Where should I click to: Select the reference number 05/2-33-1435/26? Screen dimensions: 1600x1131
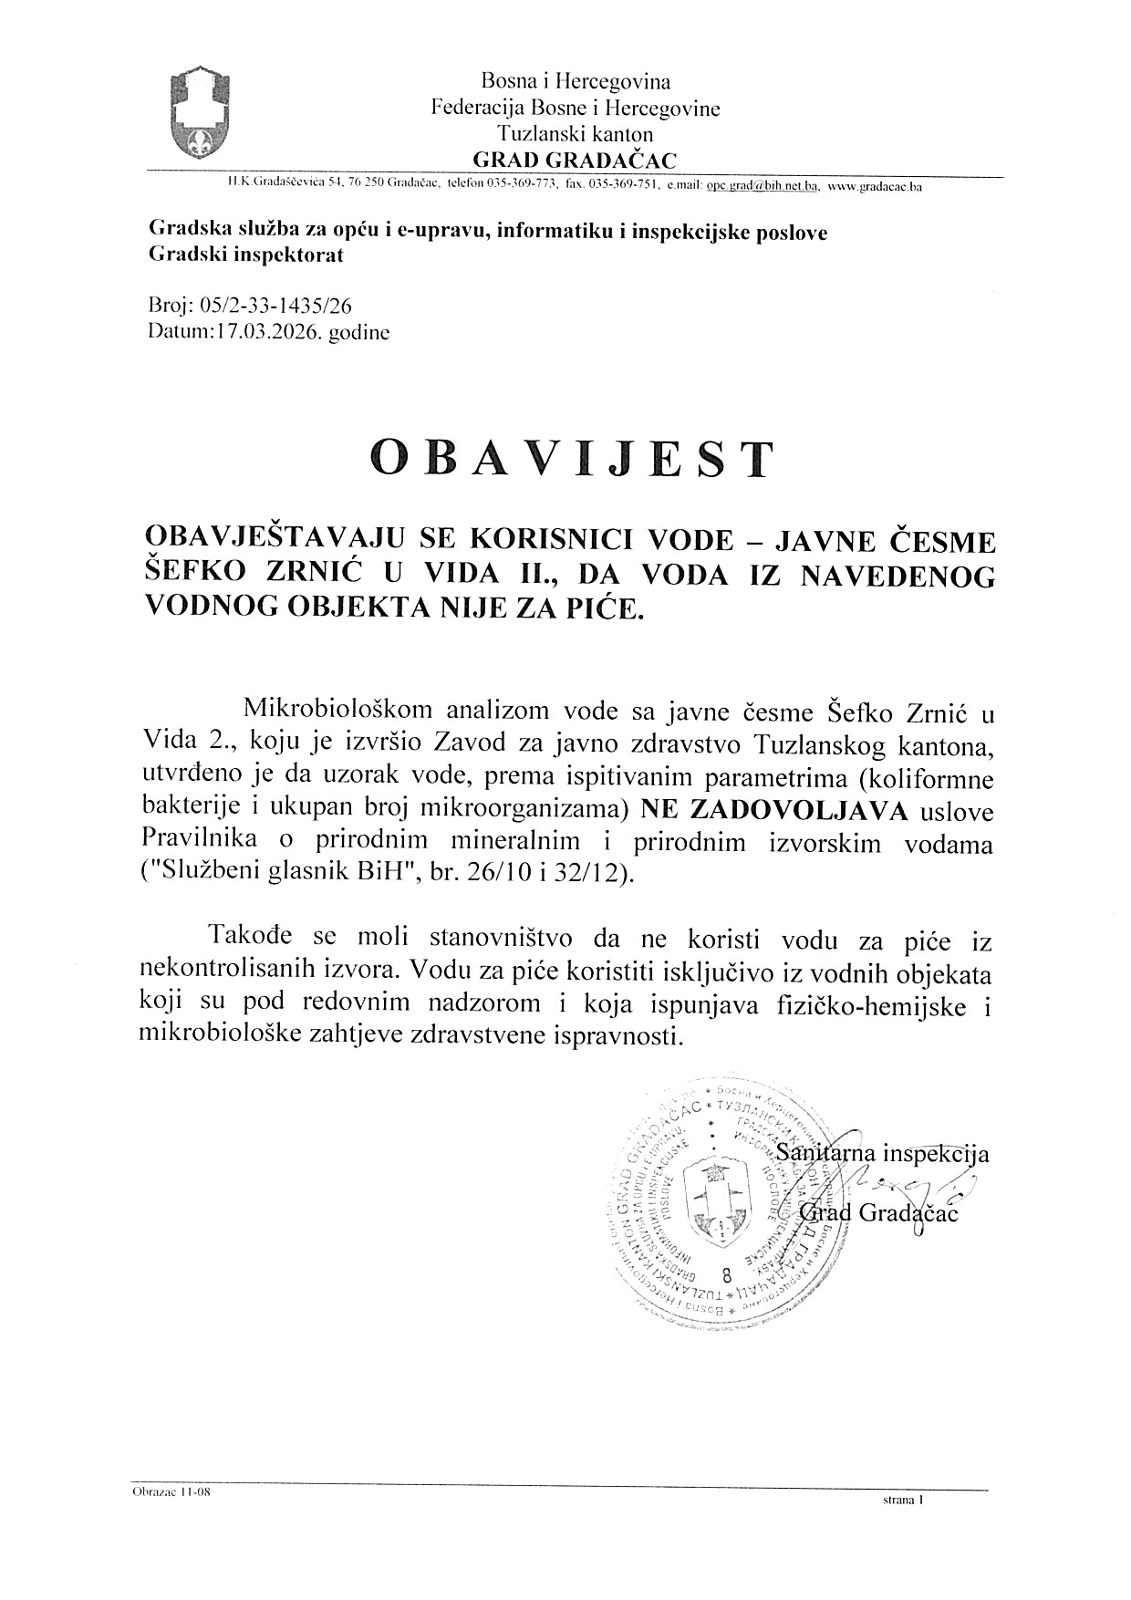click(265, 307)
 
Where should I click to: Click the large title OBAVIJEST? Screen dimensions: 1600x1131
click(572, 460)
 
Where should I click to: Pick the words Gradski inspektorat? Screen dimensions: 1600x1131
click(246, 255)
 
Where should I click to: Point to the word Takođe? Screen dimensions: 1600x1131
click(252, 938)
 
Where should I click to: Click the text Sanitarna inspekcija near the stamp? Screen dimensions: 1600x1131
click(881, 1153)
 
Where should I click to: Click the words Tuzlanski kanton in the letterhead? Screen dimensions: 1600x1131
click(575, 135)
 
